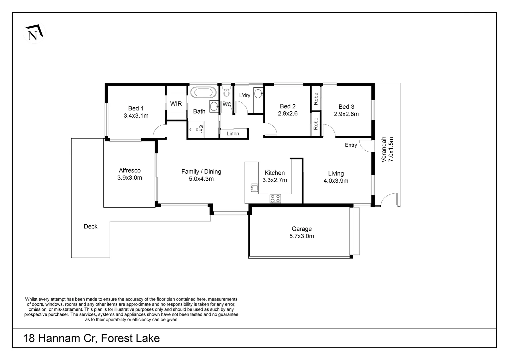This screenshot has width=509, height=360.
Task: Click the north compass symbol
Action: point(34,33)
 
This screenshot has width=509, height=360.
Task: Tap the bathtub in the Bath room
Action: point(204,93)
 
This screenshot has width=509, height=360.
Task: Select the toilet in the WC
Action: point(226,91)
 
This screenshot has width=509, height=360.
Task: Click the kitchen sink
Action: point(254,188)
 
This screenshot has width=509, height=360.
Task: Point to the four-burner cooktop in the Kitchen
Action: point(275,198)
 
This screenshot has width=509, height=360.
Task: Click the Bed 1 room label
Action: point(136,108)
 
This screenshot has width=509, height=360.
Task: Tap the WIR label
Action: point(176,104)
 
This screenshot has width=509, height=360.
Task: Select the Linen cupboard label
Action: point(233,133)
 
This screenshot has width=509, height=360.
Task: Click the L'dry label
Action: point(245,95)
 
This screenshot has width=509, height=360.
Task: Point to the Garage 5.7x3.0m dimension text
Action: point(301,236)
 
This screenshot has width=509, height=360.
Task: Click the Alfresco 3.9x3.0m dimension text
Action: point(130,178)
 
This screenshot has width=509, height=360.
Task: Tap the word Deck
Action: point(90,226)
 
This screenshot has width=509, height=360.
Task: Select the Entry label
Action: point(351,145)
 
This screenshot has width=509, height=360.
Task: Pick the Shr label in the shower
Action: point(201,129)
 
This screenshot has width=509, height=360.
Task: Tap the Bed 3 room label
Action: point(346,107)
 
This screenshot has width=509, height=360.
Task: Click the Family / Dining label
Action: point(201,171)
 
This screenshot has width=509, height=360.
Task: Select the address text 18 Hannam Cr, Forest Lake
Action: point(91,338)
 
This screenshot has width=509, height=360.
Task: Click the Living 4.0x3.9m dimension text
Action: point(336,181)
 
